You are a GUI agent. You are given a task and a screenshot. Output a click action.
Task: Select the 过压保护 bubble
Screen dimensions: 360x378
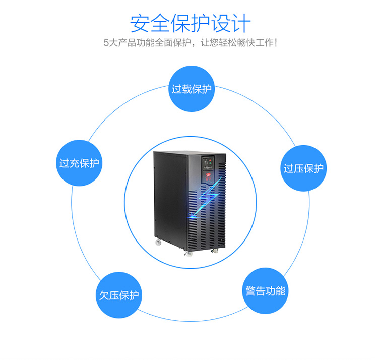303,168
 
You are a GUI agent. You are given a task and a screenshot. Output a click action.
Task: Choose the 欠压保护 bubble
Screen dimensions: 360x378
119,295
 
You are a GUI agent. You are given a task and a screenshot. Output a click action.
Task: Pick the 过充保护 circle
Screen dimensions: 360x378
79,163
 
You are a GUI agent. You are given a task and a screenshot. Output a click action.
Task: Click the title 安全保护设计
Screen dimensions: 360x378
190,23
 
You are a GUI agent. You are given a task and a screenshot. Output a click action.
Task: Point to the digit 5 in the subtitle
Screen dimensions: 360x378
105,43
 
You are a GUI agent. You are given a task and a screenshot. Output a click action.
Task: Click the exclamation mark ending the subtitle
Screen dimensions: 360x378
275,43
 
